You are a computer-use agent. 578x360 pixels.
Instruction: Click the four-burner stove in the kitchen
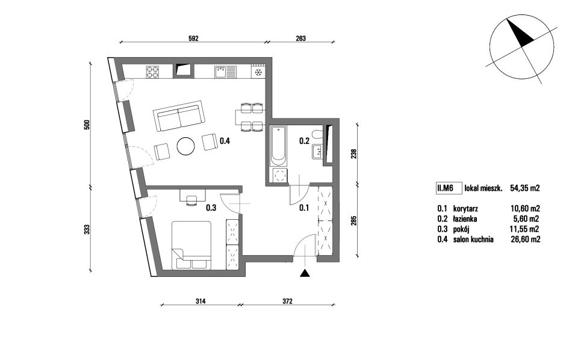click(x=152, y=72)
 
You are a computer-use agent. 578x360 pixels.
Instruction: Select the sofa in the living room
click(x=179, y=116)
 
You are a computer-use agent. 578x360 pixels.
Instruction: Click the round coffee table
click(x=185, y=146)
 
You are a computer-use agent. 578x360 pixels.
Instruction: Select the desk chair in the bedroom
click(x=191, y=201)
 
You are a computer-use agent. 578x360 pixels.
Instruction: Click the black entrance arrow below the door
click(x=305, y=273)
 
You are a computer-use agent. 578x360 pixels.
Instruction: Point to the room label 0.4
click(x=225, y=140)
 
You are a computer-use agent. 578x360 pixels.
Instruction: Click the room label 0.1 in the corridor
click(x=304, y=208)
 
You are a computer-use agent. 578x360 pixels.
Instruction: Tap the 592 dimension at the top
click(x=193, y=38)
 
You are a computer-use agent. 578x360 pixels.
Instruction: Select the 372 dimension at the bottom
click(x=288, y=301)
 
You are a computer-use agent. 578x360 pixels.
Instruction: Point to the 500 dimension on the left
click(x=87, y=125)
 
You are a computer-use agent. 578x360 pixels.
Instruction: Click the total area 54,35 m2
click(x=525, y=188)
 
